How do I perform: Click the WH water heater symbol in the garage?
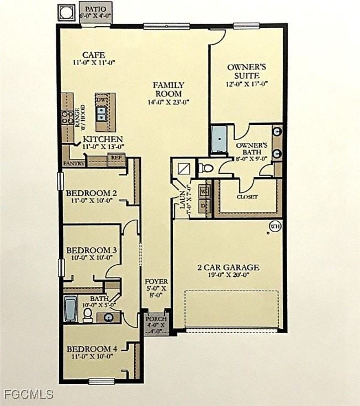click(274, 226)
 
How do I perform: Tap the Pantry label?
click(73, 164)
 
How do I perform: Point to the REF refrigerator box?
click(116, 158)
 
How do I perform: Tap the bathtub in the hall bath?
click(71, 309)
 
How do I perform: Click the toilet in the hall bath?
click(88, 314)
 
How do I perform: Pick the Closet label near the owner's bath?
click(247, 196)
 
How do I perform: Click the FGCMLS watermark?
click(28, 394)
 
